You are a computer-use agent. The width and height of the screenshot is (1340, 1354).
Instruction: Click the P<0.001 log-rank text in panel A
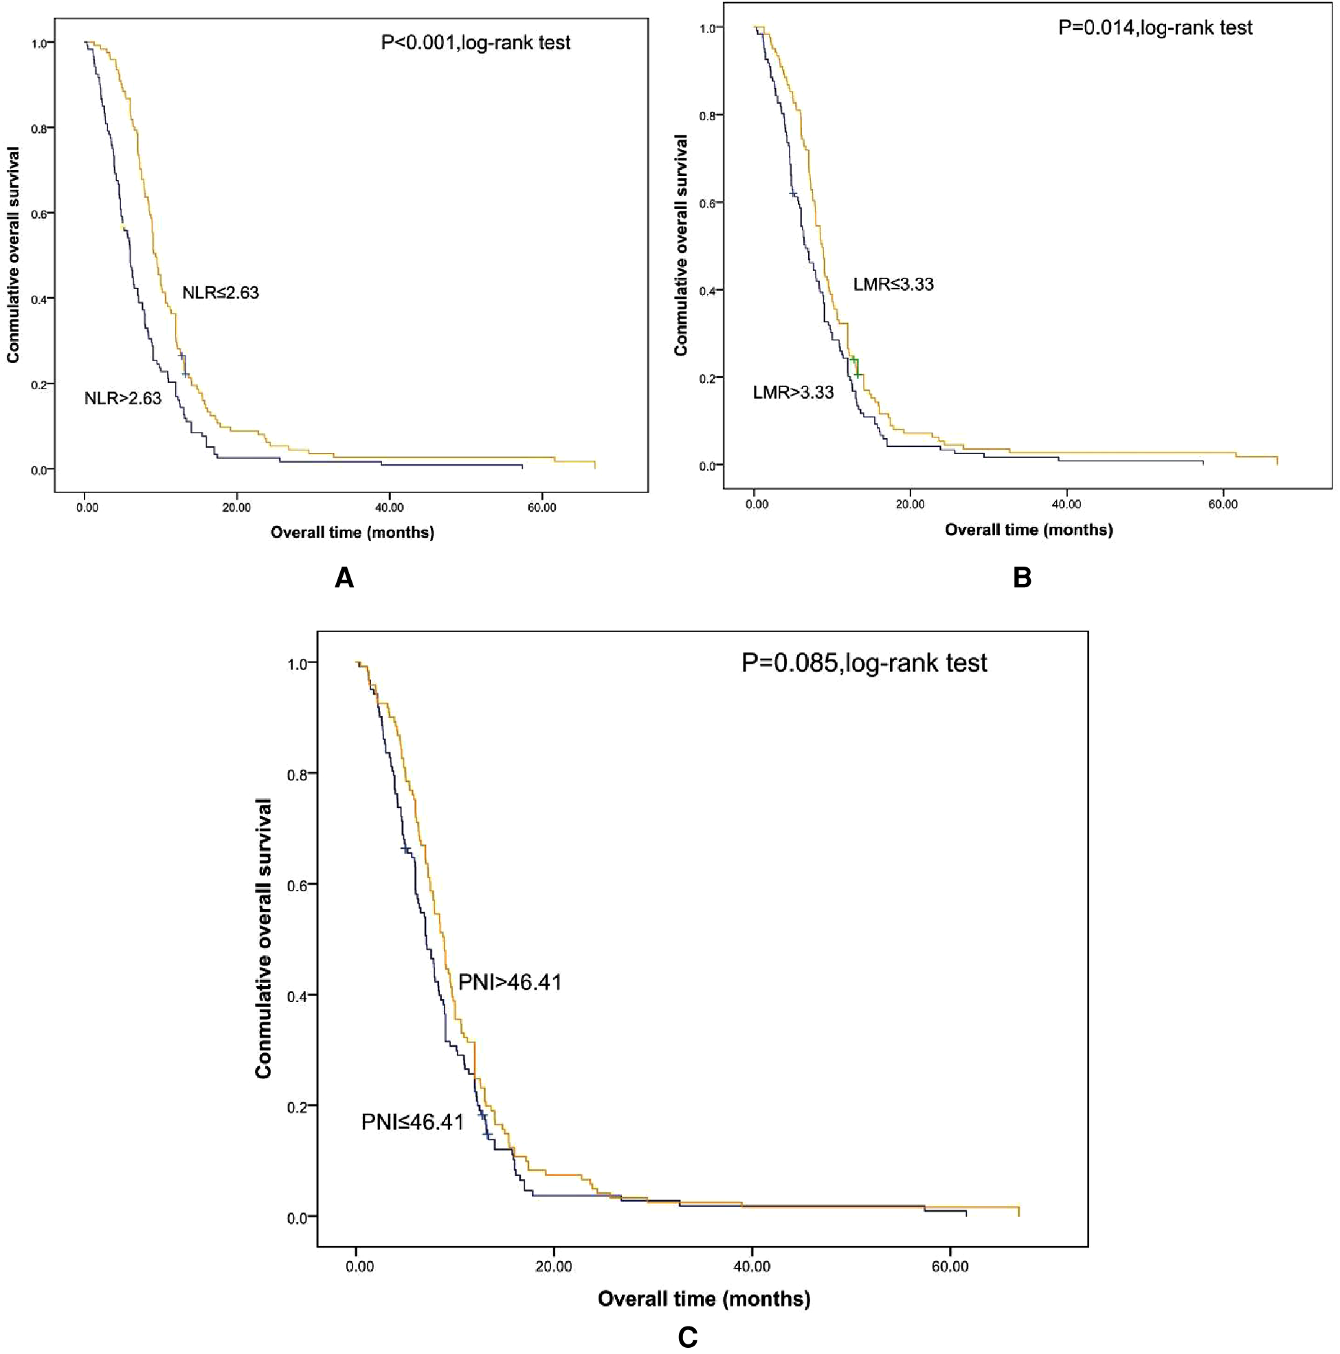tap(475, 43)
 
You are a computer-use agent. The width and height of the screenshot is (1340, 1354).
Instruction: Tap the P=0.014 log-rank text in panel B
tap(1154, 28)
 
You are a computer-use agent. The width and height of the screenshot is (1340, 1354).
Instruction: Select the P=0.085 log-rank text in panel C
tap(864, 663)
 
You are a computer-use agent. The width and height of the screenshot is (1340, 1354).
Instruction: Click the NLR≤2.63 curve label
tap(220, 293)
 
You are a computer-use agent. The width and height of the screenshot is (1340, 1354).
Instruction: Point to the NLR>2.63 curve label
tap(122, 399)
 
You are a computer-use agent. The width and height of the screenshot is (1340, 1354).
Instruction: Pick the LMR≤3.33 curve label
tap(893, 285)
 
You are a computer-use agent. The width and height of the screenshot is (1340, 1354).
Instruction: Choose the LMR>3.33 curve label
tap(793, 393)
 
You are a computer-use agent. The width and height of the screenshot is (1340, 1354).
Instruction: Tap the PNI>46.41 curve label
tap(509, 982)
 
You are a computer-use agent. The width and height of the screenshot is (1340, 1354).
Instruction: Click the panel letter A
tap(344, 578)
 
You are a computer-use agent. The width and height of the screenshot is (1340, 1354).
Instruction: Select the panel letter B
tap(1022, 578)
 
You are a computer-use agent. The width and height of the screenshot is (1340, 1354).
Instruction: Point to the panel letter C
tap(687, 1337)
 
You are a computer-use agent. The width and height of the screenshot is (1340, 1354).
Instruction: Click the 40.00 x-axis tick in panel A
tap(389, 507)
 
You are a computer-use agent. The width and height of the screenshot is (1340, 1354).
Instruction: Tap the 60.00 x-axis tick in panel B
tap(1222, 504)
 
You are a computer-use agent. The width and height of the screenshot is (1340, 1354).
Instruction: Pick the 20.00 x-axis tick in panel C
tap(553, 1267)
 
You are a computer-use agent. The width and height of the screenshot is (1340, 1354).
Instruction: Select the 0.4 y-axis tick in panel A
tap(39, 299)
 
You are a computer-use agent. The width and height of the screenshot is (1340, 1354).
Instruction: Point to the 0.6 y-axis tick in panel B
tap(707, 204)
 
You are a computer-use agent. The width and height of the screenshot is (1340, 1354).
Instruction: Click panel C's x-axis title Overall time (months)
tap(703, 1298)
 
